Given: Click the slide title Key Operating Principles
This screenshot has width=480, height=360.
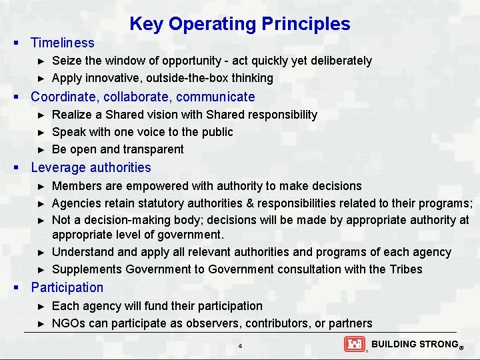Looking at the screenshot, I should click(239, 24).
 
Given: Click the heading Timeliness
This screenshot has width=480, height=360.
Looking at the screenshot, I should click(63, 43).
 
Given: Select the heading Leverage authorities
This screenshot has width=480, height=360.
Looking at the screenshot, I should click(91, 167).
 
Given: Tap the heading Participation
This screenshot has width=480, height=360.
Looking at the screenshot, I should click(67, 287).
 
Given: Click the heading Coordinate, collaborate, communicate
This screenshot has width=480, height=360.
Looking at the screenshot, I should click(143, 97).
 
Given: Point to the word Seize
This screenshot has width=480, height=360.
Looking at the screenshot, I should click(66, 61).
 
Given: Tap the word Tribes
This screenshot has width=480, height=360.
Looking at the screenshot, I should click(405, 269).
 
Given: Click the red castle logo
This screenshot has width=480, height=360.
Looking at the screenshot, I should click(354, 344).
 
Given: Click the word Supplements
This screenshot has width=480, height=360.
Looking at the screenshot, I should click(86, 269).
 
